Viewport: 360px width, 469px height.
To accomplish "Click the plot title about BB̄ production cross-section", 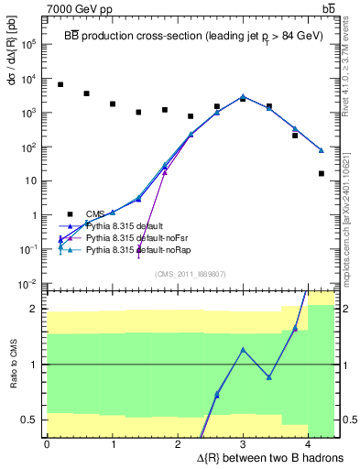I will tap(190, 23).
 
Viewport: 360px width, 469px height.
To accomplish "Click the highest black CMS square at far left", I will tap(60, 84).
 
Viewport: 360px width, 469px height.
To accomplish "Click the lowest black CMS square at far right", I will tap(322, 173).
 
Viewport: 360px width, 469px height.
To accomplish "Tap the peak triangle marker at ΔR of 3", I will tap(243, 96).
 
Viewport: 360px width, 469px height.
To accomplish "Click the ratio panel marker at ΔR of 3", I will tap(243, 349).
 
